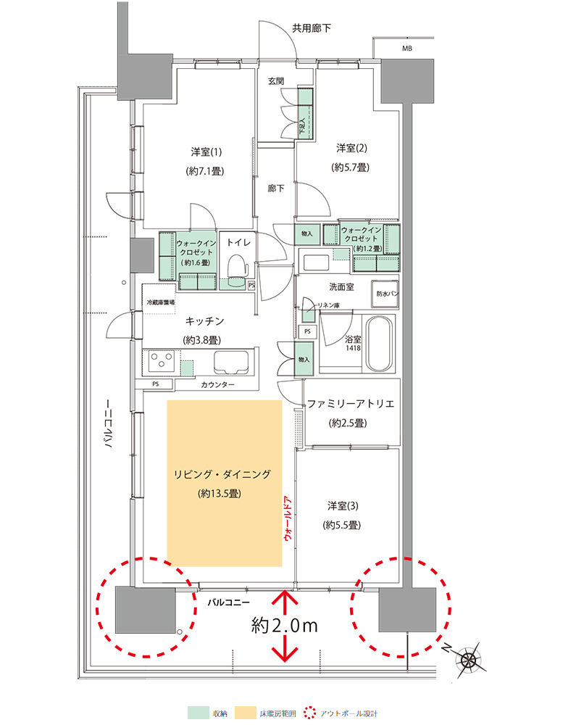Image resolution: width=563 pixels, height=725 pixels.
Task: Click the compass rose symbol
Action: pyautogui.click(x=468, y=658)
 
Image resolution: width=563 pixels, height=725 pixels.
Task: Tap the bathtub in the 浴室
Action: pyautogui.click(x=380, y=344)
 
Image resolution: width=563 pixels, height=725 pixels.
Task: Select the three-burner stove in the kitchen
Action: pyautogui.click(x=162, y=360)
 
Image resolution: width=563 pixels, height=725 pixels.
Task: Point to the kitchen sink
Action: pyautogui.click(x=231, y=361)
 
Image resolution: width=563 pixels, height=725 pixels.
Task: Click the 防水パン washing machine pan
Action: pyautogui.click(x=385, y=294)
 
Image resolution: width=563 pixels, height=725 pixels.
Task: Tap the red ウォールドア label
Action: pyautogui.click(x=289, y=518)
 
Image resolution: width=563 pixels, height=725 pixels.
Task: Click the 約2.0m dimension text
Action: pyautogui.click(x=285, y=626)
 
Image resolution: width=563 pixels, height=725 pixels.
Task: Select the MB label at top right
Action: pyautogui.click(x=406, y=48)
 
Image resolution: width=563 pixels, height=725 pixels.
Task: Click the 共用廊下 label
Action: pyautogui.click(x=312, y=28)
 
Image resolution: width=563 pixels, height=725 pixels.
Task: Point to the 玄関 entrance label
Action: pyautogui.click(x=276, y=81)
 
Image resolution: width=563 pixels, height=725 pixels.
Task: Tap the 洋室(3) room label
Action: pyautogui.click(x=343, y=506)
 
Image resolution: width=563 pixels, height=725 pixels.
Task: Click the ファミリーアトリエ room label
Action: pyautogui.click(x=351, y=404)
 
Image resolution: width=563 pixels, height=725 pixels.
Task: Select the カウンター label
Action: pyautogui.click(x=217, y=384)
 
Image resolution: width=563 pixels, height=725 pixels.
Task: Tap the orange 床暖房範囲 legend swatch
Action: pyautogui.click(x=246, y=713)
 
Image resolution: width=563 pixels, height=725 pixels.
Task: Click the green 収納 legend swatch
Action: pyautogui.click(x=199, y=713)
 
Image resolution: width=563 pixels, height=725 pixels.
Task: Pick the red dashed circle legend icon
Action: pyautogui.click(x=309, y=713)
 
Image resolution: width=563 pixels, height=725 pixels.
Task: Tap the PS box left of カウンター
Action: pyautogui.click(x=155, y=384)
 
